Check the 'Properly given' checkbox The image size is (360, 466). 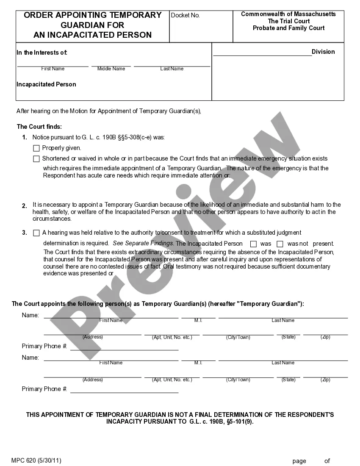tap(36, 148)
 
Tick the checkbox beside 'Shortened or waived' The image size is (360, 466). tap(36, 159)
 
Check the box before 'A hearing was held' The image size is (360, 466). tap(36, 233)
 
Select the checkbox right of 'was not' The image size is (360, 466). tap(280, 244)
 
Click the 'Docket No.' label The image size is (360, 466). tap(185, 15)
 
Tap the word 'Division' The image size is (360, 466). tap(323, 52)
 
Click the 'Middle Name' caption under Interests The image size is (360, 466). tap(111, 69)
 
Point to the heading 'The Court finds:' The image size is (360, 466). tap(39, 127)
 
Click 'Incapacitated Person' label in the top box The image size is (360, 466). tap(46, 84)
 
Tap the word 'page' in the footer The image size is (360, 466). tap(299, 461)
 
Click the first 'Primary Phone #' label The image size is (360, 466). tap(44, 346)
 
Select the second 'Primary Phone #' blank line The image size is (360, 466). tap(124, 392)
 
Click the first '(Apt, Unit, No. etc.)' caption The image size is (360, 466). tap(172, 337)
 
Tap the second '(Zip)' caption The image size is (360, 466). tap(325, 380)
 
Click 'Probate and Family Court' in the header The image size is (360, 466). tap(288, 28)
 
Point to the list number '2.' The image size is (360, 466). tap(25, 205)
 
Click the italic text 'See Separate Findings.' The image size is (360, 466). tap(143, 244)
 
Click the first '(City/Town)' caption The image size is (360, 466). tap(238, 337)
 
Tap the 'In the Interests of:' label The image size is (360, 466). tap(42, 53)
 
